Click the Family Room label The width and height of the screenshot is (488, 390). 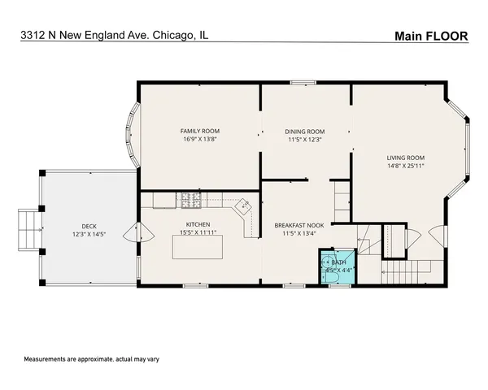coord(199,131)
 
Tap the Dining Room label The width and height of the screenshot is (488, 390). coord(304,131)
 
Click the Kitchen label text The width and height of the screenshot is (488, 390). coord(198,224)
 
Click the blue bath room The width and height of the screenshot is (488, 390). coord(336,267)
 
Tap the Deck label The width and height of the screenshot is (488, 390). coord(89,227)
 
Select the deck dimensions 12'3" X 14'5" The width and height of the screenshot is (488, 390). coord(89,235)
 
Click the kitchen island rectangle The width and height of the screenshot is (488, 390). coord(199,247)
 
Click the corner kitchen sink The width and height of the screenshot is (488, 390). coord(242,208)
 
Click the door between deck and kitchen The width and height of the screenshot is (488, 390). coord(132,233)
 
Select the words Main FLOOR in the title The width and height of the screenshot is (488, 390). coord(430,35)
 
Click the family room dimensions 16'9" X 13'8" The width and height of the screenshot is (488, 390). coord(199,139)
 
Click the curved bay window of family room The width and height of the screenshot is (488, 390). coord(128,135)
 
